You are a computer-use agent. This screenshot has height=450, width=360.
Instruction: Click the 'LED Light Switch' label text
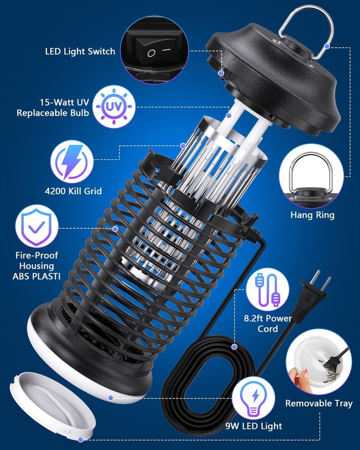coord(80,52)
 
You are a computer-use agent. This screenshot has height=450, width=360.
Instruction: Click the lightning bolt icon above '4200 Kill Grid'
coord(71,162)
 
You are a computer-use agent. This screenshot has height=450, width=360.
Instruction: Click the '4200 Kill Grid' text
coord(73,191)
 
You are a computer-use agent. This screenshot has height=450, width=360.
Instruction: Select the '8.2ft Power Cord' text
coord(268,324)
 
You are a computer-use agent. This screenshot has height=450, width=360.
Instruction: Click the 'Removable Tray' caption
coord(319,403)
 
